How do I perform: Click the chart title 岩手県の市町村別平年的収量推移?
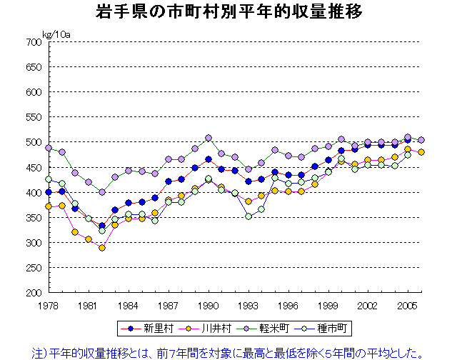(228, 12)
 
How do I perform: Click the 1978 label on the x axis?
(49, 305)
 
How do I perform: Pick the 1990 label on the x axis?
(208, 305)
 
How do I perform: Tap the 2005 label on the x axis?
(407, 305)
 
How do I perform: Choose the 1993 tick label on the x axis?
(248, 305)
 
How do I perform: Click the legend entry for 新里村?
(151, 329)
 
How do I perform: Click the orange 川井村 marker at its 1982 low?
(102, 248)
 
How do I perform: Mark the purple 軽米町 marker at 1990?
(209, 138)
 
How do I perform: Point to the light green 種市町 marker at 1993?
(248, 216)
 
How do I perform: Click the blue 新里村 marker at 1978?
(49, 192)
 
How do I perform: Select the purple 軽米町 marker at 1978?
(49, 148)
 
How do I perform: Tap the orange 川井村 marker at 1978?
(49, 206)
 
